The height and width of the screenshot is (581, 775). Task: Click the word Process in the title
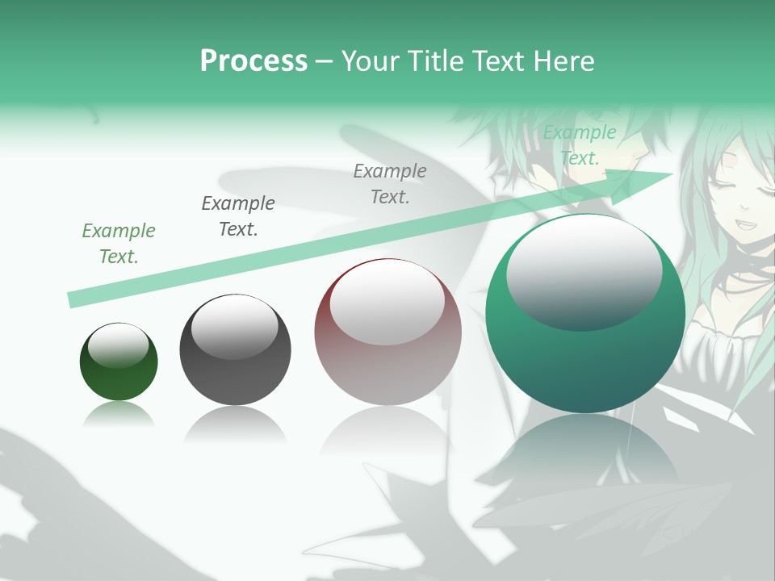click(x=253, y=61)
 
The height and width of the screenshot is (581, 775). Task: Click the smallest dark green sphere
click(x=119, y=362)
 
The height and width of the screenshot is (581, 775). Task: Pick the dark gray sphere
click(x=235, y=350)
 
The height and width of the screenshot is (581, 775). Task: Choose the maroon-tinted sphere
click(x=387, y=332)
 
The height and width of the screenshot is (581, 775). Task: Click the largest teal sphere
click(x=585, y=315)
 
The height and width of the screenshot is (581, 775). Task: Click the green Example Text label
click(x=119, y=244)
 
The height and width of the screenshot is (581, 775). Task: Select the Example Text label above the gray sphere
click(x=238, y=216)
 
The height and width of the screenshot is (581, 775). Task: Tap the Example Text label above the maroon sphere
click(x=390, y=184)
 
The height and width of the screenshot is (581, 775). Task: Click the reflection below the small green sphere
click(x=119, y=415)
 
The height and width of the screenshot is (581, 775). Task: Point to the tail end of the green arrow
click(x=73, y=300)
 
